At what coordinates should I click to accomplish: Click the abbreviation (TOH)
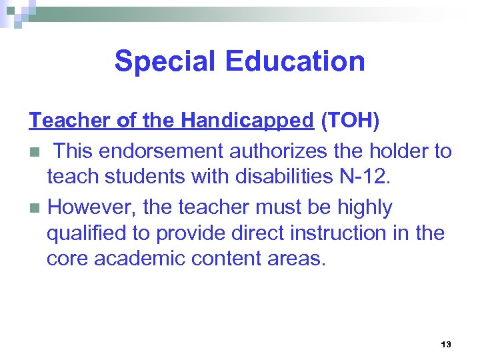pyautogui.click(x=350, y=121)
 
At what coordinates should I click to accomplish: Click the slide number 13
pyautogui.click(x=446, y=345)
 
